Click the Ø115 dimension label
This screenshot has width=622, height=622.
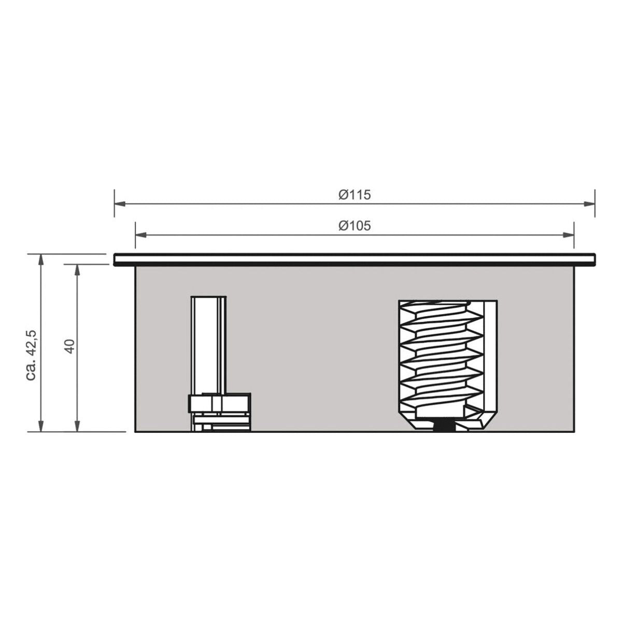(x=355, y=195)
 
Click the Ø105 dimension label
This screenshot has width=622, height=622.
(x=355, y=226)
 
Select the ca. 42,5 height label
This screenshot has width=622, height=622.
(x=33, y=356)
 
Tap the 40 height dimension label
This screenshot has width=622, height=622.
(x=70, y=346)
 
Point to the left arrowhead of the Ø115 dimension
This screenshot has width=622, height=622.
(x=120, y=204)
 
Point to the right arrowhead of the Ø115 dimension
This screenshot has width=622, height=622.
(x=589, y=204)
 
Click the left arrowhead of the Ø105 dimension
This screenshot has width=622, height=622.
(x=141, y=235)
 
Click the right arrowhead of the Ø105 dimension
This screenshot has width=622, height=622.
(x=568, y=235)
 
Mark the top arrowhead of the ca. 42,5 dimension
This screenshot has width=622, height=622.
(x=40, y=260)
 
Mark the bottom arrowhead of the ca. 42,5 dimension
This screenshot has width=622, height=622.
(x=40, y=426)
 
